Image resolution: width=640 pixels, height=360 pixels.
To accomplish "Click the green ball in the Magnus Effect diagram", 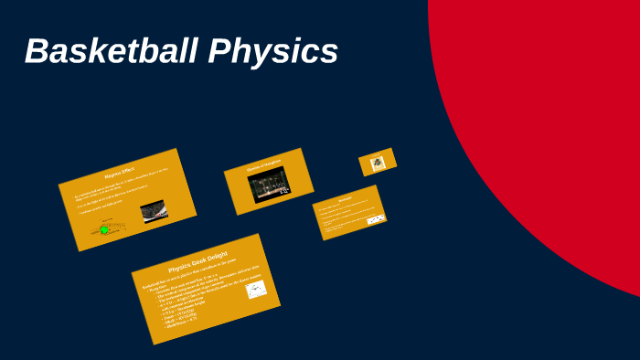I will coord(104,229).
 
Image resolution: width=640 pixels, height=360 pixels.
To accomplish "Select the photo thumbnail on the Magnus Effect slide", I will coord(153,212).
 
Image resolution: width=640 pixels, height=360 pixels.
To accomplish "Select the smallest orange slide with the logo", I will coord(377,162).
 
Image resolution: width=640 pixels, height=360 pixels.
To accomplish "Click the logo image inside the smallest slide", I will coord(377,164).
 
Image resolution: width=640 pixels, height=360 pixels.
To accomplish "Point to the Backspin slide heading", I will coord(346,199).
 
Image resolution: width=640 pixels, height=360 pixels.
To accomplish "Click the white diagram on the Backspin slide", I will coord(375,220).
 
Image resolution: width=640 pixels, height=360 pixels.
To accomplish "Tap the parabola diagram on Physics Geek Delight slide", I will coord(255,291).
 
